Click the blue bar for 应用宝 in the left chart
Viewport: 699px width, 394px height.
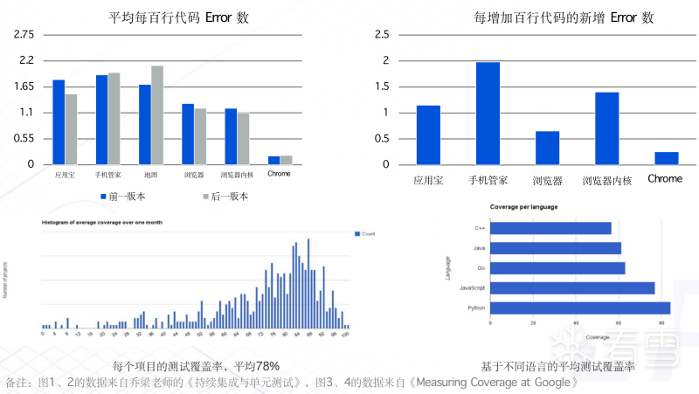(59, 122)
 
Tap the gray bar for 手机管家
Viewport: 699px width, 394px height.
(114, 119)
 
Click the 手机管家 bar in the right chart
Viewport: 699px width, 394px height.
(488, 114)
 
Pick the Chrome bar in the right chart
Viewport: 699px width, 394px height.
(667, 158)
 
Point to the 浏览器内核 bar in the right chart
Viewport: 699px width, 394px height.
(607, 128)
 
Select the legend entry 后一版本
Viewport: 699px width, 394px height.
(225, 197)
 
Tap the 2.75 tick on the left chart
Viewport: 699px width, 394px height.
(24, 34)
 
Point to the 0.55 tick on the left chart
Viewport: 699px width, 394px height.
(24, 138)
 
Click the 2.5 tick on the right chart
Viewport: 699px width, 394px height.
(381, 34)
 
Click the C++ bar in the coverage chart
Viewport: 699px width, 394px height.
(550, 228)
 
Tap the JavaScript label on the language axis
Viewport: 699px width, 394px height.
(473, 287)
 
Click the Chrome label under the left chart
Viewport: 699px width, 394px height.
(280, 174)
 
